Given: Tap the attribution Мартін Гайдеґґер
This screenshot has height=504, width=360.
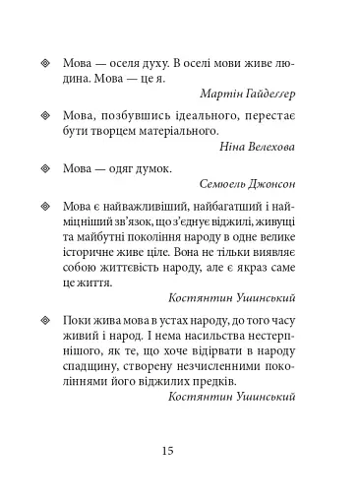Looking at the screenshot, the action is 255,94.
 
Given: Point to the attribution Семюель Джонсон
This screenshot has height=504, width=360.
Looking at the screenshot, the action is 252,184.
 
